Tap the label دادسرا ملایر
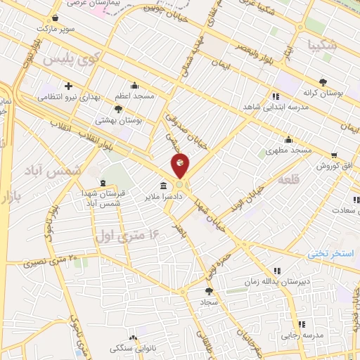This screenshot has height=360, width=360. pyautogui.click(x=184, y=198)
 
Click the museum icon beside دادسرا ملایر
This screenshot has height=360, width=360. pyautogui.click(x=164, y=186)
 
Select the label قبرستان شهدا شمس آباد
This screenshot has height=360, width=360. pyautogui.click(x=103, y=198)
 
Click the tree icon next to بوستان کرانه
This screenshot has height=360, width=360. pyautogui.click(x=323, y=82)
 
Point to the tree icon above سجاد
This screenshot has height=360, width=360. pyautogui.click(x=208, y=290)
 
